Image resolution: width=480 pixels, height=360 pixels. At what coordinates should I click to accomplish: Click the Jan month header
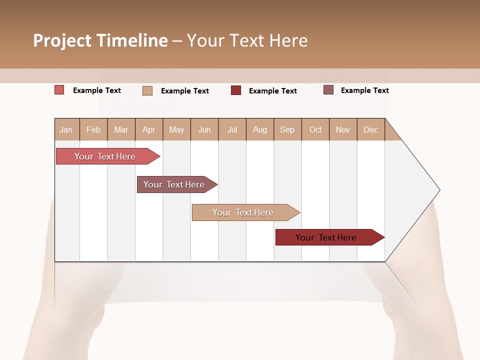pyautogui.click(x=66, y=129)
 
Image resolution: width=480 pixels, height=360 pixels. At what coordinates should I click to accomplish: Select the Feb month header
pyautogui.click(x=93, y=129)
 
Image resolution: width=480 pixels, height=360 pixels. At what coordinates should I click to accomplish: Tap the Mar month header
pyautogui.click(x=121, y=129)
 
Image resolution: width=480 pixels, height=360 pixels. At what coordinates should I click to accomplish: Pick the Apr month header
pyautogui.click(x=149, y=129)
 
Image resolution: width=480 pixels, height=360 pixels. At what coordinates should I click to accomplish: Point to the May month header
pyautogui.click(x=176, y=129)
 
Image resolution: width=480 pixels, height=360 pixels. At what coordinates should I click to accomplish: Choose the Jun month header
pyautogui.click(x=204, y=129)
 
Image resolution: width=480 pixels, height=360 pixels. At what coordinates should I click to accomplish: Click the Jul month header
pyautogui.click(x=232, y=129)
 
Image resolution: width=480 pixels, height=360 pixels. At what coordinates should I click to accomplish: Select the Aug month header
pyautogui.click(x=260, y=129)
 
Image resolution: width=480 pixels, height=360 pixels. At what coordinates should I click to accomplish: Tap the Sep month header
pyautogui.click(x=287, y=129)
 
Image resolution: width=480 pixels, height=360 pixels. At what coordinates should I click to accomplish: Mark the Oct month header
pyautogui.click(x=315, y=129)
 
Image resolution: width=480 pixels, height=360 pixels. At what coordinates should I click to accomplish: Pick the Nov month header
pyautogui.click(x=343, y=129)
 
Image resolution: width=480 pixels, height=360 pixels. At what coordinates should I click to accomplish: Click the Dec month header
pyautogui.click(x=371, y=129)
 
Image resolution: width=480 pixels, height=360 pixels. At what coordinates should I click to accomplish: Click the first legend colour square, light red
pyautogui.click(x=59, y=90)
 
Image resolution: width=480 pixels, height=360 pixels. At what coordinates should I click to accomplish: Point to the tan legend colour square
pyautogui.click(x=147, y=90)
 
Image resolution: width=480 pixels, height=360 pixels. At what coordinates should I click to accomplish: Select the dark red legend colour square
pyautogui.click(x=236, y=90)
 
